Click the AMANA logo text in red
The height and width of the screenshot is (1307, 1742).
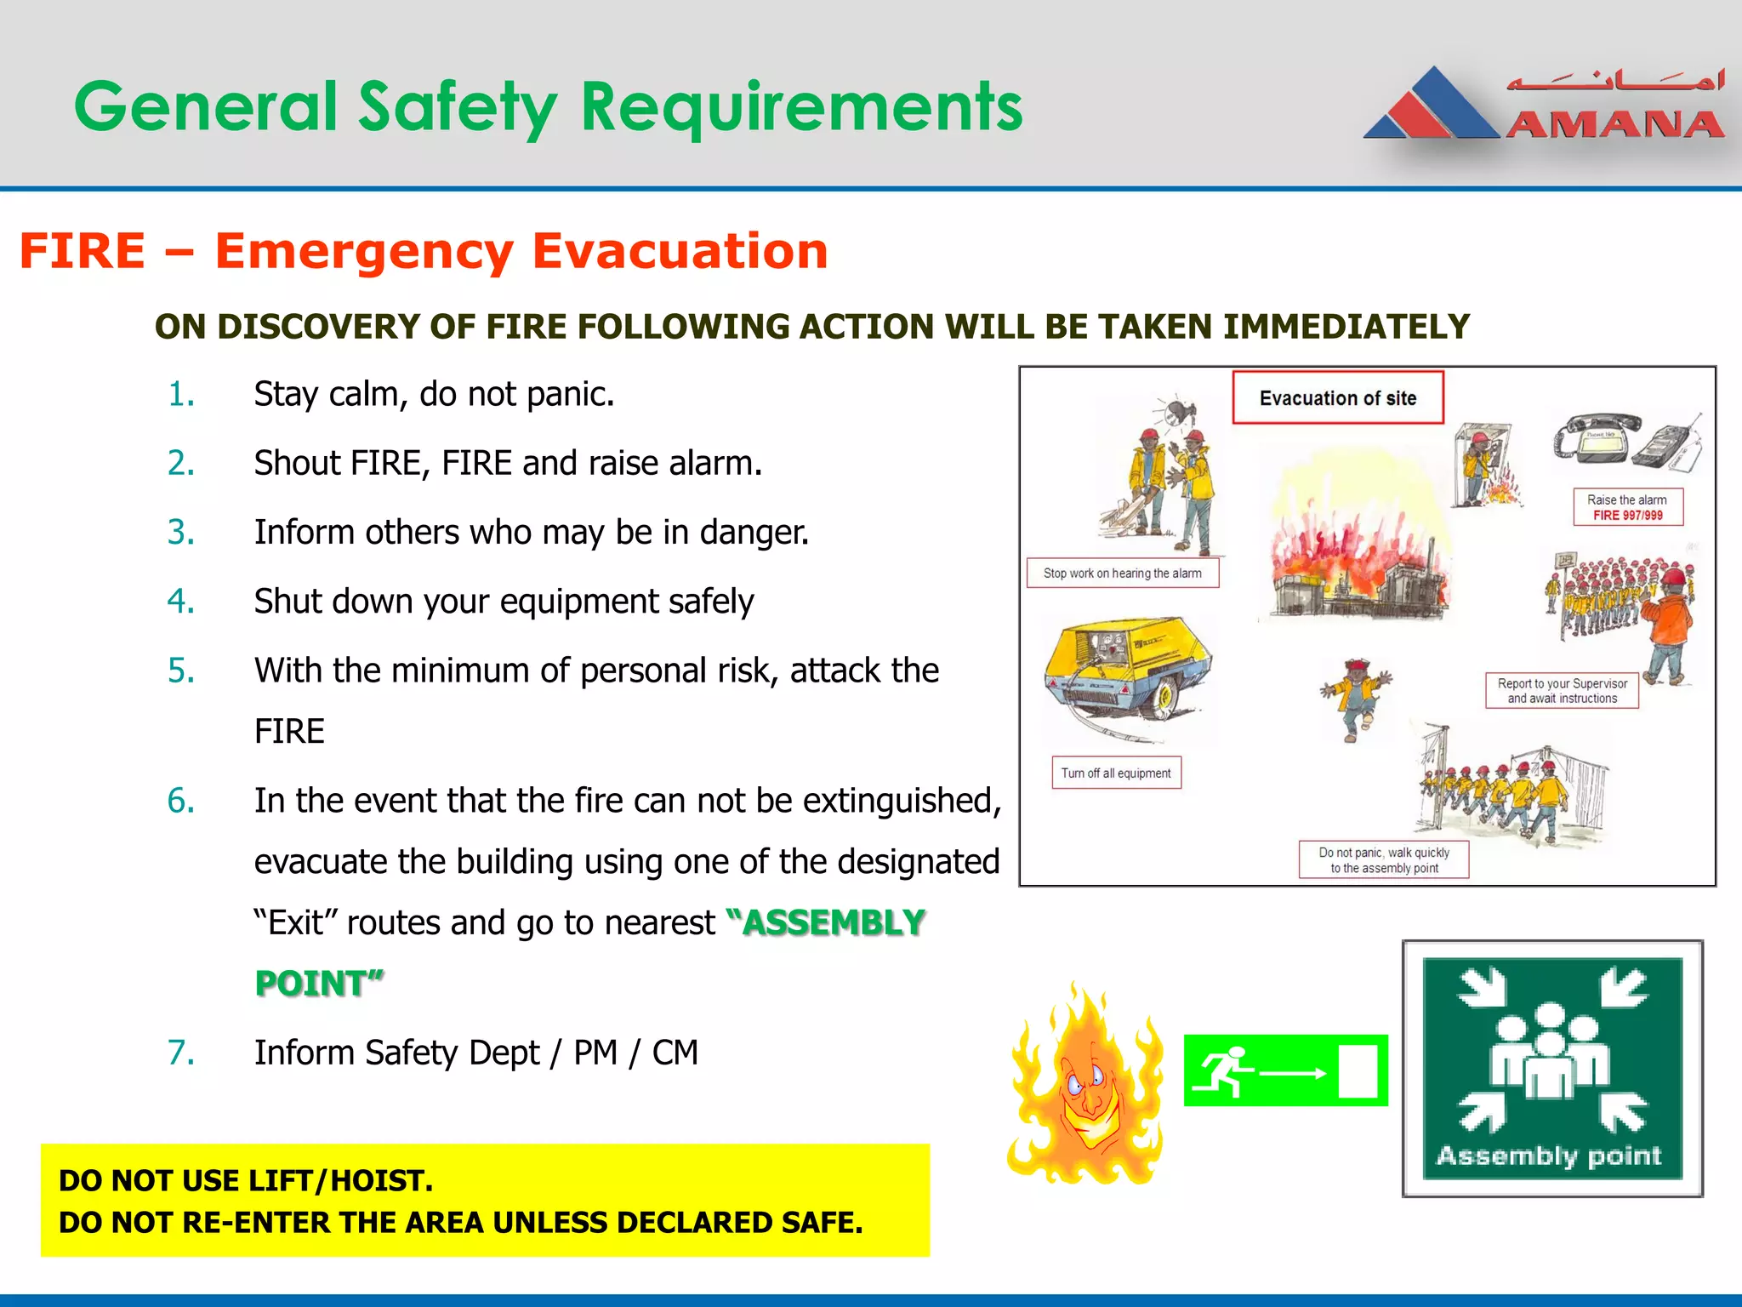point(1614,125)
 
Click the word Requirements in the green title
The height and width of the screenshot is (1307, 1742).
point(801,108)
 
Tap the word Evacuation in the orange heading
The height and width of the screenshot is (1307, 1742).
point(679,251)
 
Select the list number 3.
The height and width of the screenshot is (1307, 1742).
point(181,533)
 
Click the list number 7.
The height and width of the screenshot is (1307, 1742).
point(181,1053)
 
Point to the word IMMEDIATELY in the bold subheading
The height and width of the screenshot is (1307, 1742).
point(1346,327)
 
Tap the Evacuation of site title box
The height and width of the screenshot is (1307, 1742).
point(1337,397)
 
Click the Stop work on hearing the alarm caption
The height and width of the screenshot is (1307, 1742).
point(1122,574)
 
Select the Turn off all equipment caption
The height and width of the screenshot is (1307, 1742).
point(1115,773)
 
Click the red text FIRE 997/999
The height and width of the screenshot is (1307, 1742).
point(1627,516)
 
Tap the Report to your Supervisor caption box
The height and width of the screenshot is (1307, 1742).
point(1562,691)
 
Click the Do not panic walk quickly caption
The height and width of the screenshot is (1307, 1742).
point(1383,860)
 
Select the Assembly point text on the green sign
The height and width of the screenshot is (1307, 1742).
point(1548,1156)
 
